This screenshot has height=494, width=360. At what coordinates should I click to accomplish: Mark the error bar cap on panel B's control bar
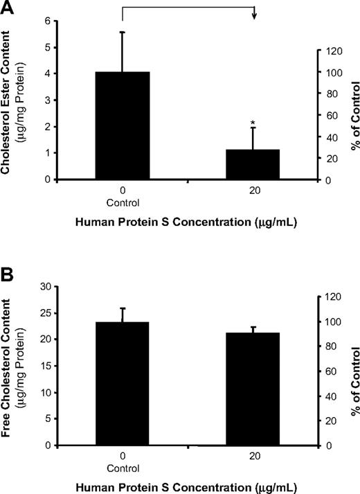coord(123,308)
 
